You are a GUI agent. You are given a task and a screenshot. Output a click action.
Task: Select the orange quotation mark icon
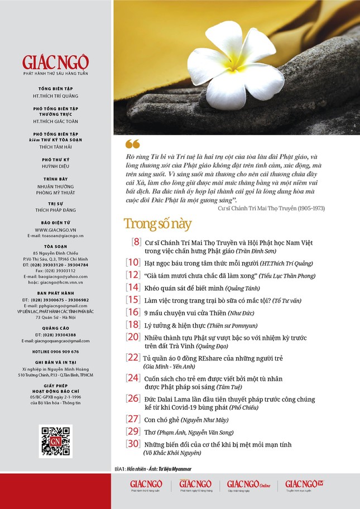point(132,144)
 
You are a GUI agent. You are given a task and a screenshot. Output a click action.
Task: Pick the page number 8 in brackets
point(136,242)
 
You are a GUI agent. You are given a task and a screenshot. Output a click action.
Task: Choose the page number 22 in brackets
point(133,357)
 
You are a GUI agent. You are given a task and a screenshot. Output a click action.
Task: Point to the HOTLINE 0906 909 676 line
point(56,352)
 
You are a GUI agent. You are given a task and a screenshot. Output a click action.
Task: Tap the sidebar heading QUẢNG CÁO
point(56,328)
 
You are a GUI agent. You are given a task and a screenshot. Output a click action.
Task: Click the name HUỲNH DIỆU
point(56,166)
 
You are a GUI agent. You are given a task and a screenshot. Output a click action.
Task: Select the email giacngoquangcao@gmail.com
point(56,340)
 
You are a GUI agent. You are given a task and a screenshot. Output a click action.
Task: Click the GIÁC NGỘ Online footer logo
point(248,486)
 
